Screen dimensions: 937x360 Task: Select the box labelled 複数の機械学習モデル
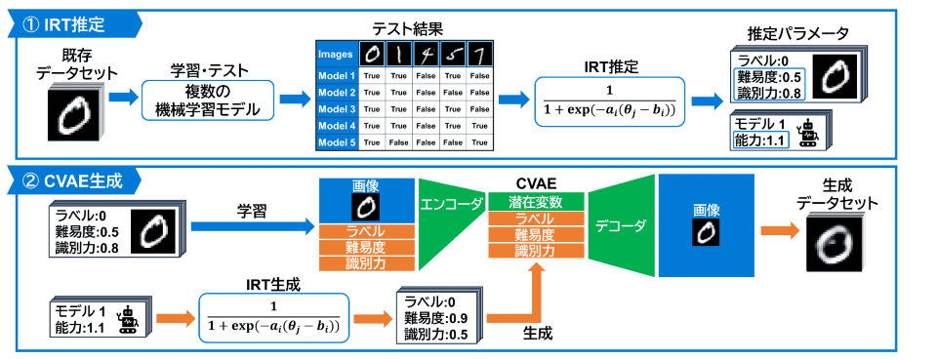coord(207,100)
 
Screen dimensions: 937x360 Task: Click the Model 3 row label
coord(338,109)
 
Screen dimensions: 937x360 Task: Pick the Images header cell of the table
coord(338,55)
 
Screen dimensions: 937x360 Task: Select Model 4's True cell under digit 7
coord(479,126)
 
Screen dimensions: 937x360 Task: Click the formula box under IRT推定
coord(609,100)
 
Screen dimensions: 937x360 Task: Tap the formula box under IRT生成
coord(273,316)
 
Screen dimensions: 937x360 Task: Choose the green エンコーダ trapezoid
coord(451,223)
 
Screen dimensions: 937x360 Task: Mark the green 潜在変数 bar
coord(536,201)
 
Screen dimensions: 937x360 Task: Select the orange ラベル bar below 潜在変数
coord(536,219)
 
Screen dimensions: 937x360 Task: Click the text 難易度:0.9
coord(435,317)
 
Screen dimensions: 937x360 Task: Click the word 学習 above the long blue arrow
coord(251,212)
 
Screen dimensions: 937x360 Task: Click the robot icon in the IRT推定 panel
coord(808,134)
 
